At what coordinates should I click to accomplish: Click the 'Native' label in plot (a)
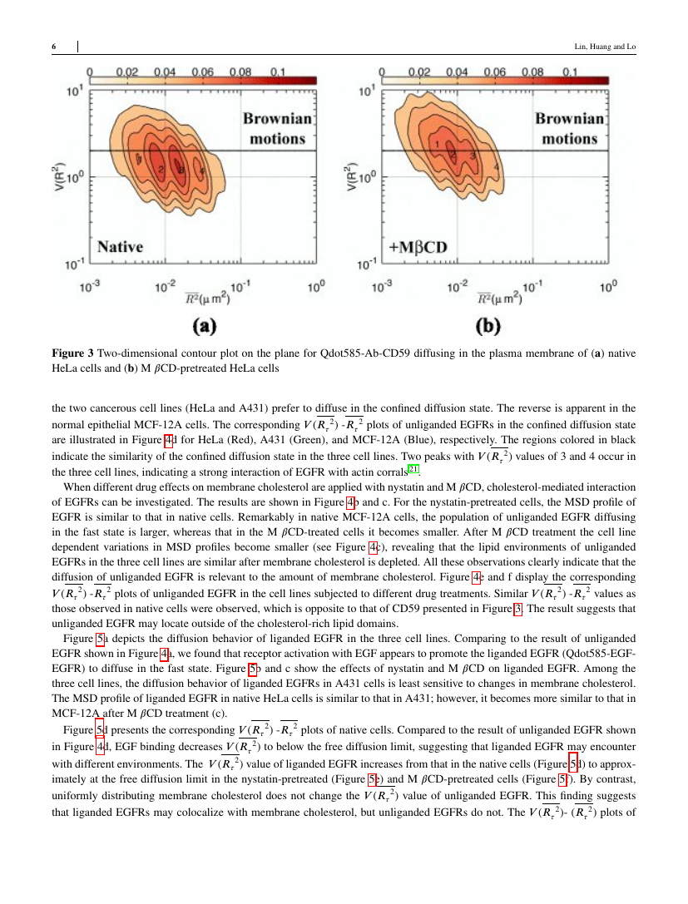coord(121,246)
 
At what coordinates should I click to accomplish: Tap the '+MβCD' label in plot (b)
coord(418,247)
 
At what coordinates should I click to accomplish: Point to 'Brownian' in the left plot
coord(278,119)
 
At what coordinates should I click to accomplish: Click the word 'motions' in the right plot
coord(570,138)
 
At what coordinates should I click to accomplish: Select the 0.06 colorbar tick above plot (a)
coord(202,72)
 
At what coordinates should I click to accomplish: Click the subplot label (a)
coord(205,324)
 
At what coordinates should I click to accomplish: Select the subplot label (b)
coord(497,324)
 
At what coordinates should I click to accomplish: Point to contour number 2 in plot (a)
coord(161,170)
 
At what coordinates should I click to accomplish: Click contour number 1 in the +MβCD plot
coord(437,145)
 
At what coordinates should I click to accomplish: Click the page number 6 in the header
coord(54,47)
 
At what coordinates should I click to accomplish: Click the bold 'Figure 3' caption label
coord(77,353)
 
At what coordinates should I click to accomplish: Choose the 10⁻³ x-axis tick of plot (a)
coord(90,286)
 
